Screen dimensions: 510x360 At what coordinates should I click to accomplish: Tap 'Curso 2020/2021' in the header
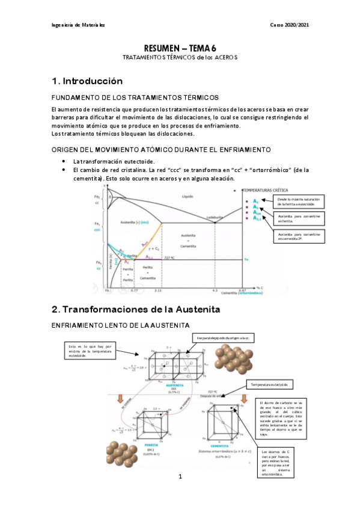(291, 25)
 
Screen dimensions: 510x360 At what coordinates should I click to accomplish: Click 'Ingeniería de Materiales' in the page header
(78, 25)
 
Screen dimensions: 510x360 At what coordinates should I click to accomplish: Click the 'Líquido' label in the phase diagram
(188, 197)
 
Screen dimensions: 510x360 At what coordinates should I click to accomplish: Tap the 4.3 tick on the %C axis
(215, 290)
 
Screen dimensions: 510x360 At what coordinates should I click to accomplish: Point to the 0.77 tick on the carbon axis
(135, 290)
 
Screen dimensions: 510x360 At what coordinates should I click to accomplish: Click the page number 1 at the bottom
(180, 493)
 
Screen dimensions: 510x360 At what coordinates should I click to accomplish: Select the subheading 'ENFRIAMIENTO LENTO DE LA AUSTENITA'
(108, 325)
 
